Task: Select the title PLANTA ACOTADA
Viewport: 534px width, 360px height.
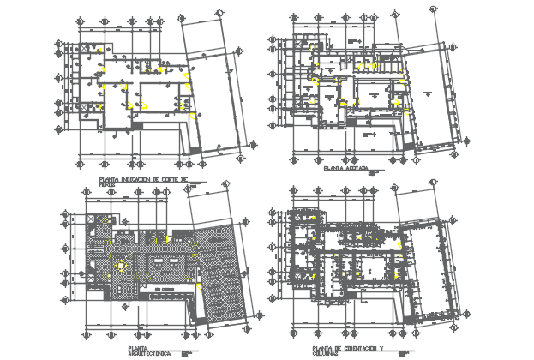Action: pyautogui.click(x=345, y=170)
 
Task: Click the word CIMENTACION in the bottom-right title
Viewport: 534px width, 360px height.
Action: pyautogui.click(x=361, y=348)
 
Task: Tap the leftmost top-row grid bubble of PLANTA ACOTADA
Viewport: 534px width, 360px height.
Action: pyautogui.click(x=294, y=16)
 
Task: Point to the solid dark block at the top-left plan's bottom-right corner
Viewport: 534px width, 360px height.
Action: pyautogui.click(x=195, y=151)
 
